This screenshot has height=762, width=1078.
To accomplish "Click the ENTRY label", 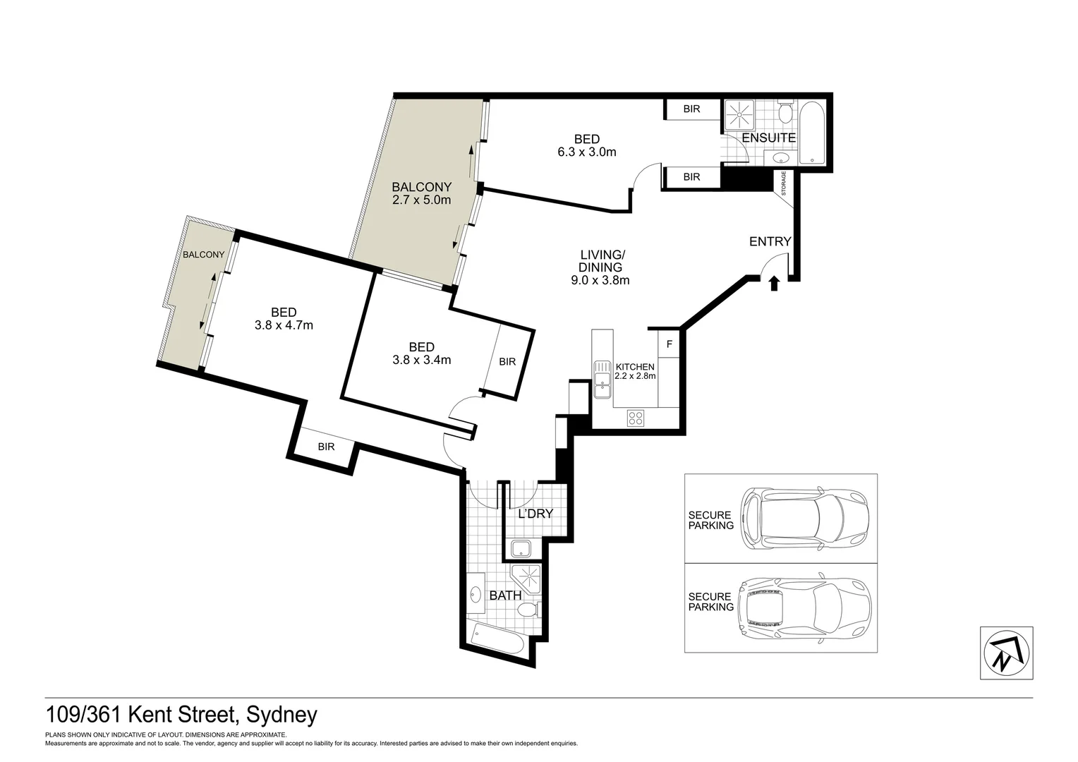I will pyautogui.click(x=770, y=241).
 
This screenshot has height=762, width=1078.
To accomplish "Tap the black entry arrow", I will pyautogui.click(x=773, y=284).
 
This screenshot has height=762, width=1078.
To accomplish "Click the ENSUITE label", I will pyautogui.click(x=768, y=138).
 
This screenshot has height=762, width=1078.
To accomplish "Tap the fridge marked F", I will pyautogui.click(x=669, y=345).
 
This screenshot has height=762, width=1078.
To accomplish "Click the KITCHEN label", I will pyautogui.click(x=635, y=367).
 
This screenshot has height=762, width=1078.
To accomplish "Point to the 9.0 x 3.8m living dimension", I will pyautogui.click(x=600, y=280).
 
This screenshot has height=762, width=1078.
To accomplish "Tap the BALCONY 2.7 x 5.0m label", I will pyautogui.click(x=421, y=193).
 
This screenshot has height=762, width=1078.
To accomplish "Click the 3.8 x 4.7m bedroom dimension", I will pyautogui.click(x=284, y=325).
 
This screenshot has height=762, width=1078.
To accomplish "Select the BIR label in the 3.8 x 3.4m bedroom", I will pyautogui.click(x=507, y=361).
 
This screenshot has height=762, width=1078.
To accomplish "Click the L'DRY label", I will pyautogui.click(x=535, y=514).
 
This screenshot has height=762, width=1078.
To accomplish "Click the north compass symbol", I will pyautogui.click(x=1006, y=653).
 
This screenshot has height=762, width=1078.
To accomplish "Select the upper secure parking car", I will pyautogui.click(x=804, y=519).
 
